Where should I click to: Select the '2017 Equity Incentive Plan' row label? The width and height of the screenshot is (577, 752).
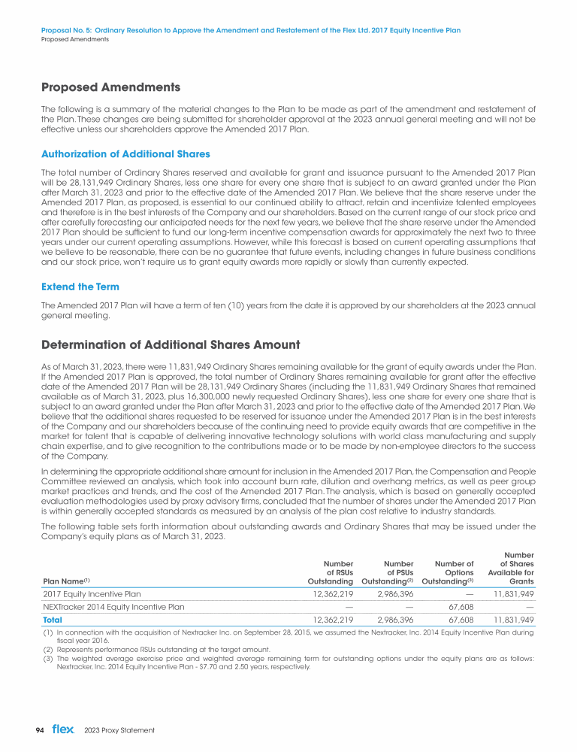point(92,593)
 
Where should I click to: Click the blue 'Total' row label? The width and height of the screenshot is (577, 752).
point(53,620)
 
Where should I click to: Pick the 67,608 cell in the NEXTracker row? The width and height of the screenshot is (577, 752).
point(461,607)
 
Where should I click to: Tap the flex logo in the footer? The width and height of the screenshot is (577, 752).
point(62,729)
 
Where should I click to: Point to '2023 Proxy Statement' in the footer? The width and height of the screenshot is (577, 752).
point(120,730)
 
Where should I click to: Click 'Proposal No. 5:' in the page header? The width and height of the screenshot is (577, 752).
point(65,31)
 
